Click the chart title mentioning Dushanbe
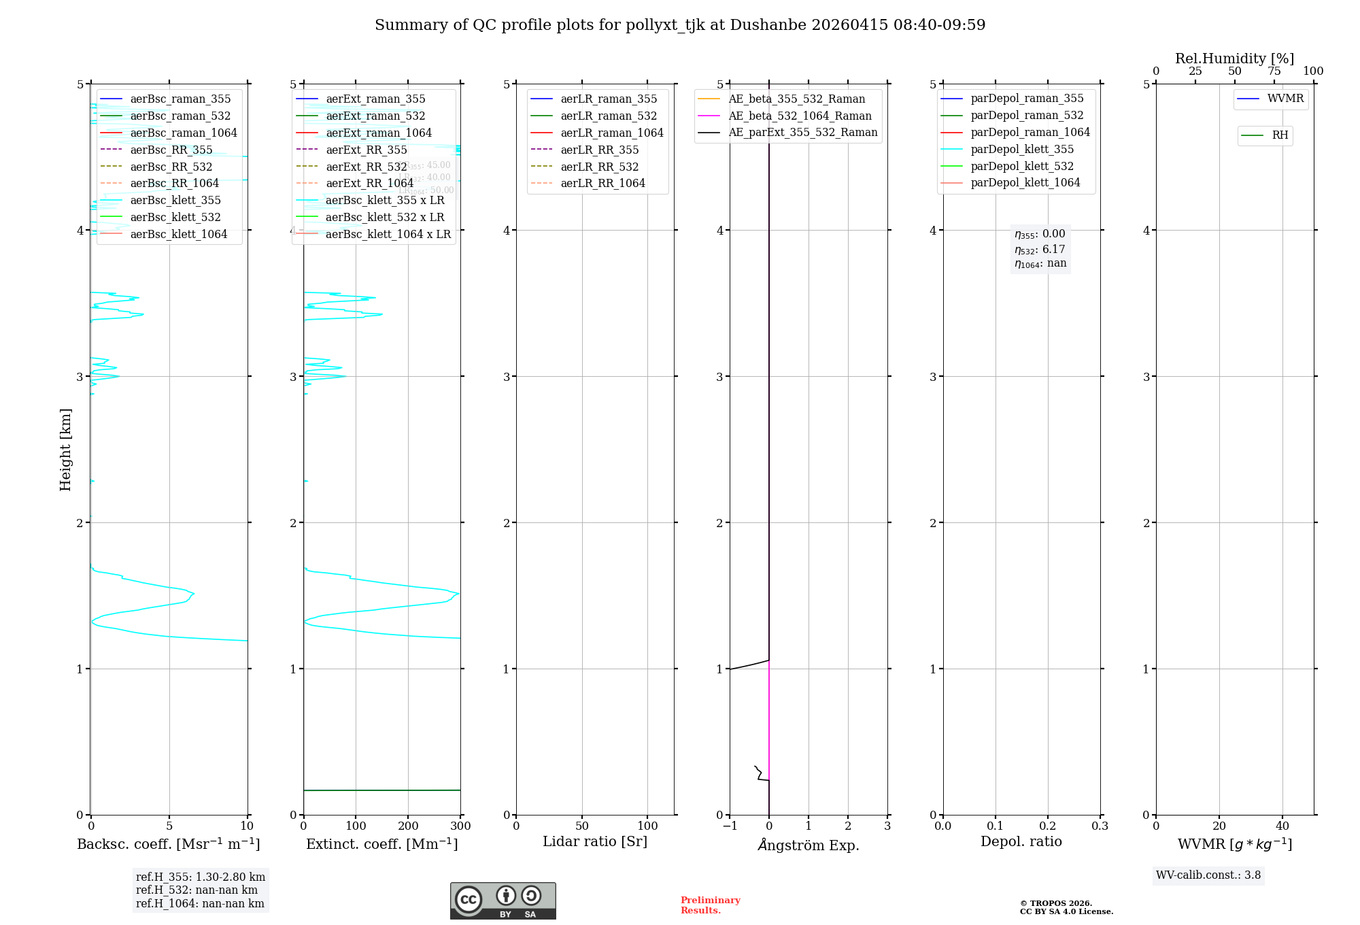point(680,25)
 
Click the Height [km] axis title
point(65,449)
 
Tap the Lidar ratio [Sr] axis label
point(595,841)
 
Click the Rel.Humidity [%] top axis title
point(1234,58)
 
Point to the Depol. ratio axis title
point(1021,841)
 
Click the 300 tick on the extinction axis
point(460,826)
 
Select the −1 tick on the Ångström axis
point(730,826)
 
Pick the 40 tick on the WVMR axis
point(1282,826)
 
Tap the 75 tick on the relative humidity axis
point(1274,71)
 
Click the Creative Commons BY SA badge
point(503,901)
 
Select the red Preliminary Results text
point(710,905)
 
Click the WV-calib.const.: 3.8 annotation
point(1208,875)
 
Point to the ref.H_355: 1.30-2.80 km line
point(200,877)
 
